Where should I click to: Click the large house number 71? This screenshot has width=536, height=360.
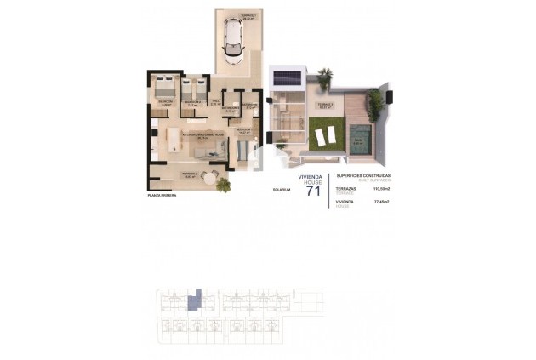click(313, 191)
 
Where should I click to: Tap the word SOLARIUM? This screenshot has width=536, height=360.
click(282, 190)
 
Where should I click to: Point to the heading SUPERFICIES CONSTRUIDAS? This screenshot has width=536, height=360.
click(363, 174)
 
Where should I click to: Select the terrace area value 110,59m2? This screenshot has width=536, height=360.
click(381, 190)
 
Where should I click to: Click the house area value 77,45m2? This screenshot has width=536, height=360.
click(381, 202)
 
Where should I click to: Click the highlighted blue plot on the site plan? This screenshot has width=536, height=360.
click(195, 299)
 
